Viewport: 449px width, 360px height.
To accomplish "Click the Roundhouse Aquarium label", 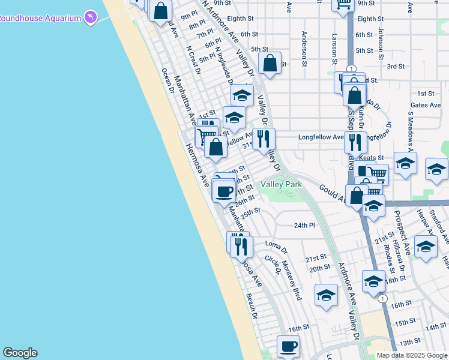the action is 40,18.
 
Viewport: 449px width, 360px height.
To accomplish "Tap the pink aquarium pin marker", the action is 90,17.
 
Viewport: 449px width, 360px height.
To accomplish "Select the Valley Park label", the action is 281,185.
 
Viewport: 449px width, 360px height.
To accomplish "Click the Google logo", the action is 20,353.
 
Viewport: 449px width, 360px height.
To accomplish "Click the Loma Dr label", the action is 273,245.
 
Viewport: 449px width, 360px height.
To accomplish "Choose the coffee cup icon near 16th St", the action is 288,346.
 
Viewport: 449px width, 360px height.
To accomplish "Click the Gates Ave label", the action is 426,105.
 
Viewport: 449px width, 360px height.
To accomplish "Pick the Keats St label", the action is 372,157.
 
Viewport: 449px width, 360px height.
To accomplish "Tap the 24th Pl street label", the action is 304,225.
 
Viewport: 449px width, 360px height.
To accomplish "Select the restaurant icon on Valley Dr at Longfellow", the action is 264,139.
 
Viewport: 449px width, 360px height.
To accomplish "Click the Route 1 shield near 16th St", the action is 382,298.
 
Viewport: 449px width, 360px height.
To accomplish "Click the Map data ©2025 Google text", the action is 412,355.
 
